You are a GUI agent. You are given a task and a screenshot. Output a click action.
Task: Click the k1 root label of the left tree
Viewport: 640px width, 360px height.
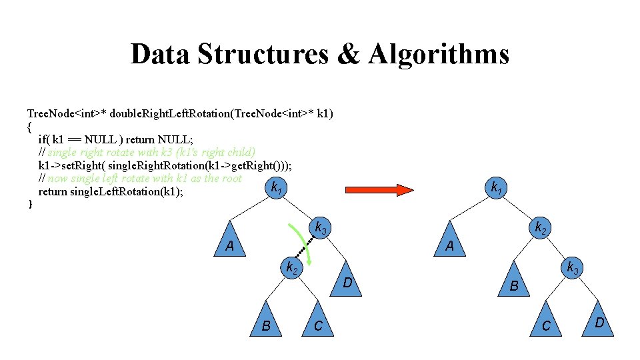[276, 189]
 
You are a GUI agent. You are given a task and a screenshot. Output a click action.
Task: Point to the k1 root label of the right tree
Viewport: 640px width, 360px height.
[497, 189]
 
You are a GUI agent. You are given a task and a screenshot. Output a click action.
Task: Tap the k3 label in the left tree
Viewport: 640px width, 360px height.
[321, 229]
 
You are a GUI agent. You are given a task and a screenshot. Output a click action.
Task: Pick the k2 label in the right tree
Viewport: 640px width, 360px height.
[541, 228]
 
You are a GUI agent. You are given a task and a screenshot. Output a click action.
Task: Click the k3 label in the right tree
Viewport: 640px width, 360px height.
[572, 269]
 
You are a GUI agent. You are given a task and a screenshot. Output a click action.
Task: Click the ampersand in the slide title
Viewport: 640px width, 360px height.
[348, 54]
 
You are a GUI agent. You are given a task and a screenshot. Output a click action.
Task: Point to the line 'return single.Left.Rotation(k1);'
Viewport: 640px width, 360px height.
[111, 191]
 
